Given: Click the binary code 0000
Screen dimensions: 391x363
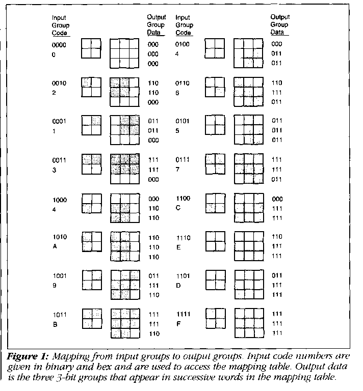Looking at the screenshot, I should coord(60,44).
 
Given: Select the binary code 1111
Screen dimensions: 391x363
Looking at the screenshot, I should coord(183,314).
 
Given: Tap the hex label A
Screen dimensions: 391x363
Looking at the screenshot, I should coord(54,246).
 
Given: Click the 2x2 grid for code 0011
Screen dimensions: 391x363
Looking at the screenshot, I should coord(92,164).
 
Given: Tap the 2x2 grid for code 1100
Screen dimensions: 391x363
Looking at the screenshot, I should coord(215,203).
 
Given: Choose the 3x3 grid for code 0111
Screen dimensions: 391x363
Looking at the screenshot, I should coord(248,169).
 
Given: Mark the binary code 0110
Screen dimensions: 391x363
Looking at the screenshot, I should coord(183,83).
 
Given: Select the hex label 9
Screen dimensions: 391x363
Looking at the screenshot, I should coord(54,285).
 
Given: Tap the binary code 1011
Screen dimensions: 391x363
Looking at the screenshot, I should coord(60,314).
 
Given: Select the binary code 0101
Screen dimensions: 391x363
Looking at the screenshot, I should coord(183,121).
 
